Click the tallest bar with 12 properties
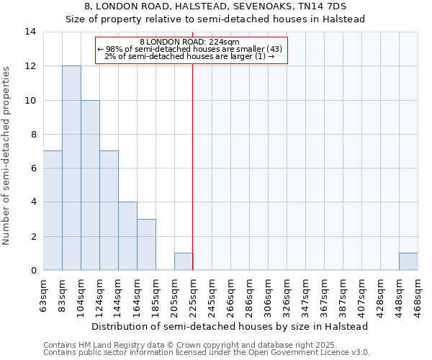click(x=71, y=168)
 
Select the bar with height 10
click(x=90, y=185)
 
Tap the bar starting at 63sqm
click(x=53, y=210)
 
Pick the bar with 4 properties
click(x=127, y=236)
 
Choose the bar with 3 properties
click(x=146, y=245)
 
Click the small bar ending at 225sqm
click(x=184, y=261)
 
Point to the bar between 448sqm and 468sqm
click(x=408, y=261)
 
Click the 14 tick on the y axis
click(x=30, y=32)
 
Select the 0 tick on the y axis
click(x=33, y=271)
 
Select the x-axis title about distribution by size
click(x=230, y=326)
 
